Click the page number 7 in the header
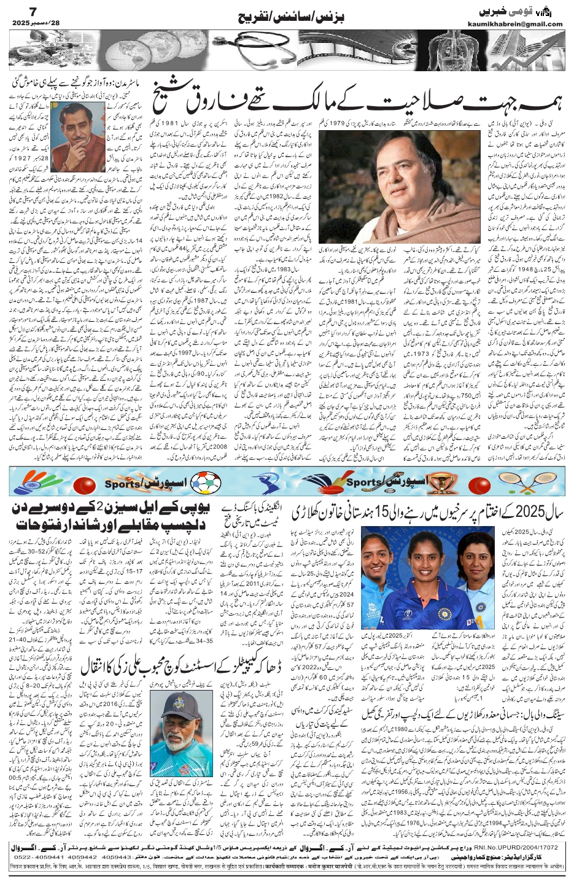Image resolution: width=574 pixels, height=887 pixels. tap(17, 12)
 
